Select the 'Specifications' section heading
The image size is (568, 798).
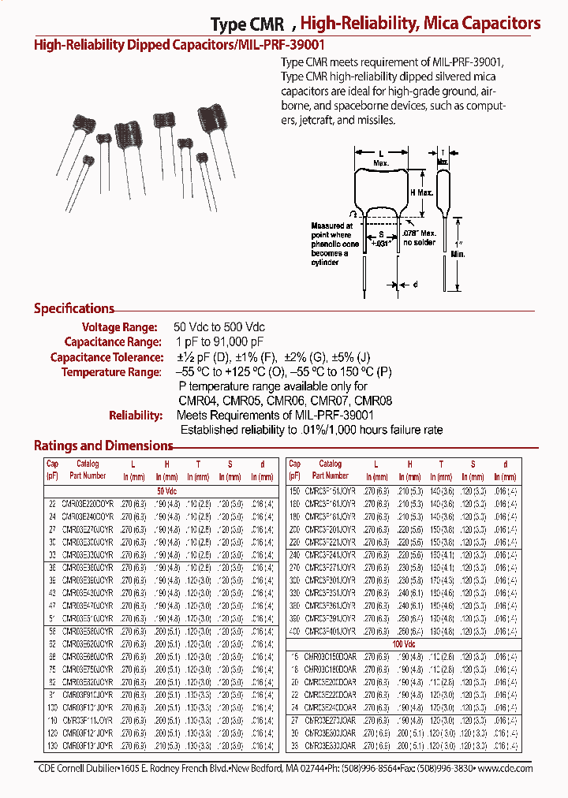coord(74,308)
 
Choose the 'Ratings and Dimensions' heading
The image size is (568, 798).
coord(103,446)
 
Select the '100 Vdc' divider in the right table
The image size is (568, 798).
coord(402,644)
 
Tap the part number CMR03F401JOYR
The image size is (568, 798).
coord(330,632)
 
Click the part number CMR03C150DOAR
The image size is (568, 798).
coord(330,656)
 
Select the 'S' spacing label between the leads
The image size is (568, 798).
coord(381,234)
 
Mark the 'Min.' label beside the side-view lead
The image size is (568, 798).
coord(458,254)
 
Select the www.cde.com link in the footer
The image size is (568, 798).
coord(505,768)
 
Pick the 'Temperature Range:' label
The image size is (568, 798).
coord(111,371)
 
